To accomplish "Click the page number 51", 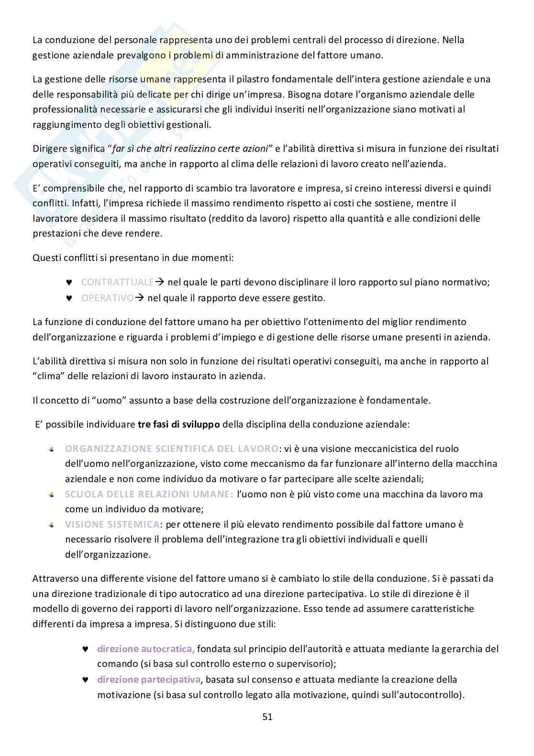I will coord(267,717).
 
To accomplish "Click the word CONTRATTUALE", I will coord(117,282).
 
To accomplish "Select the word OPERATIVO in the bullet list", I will coord(107,298).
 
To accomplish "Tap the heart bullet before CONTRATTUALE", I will coord(68,282).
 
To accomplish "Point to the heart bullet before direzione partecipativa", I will coord(85,679).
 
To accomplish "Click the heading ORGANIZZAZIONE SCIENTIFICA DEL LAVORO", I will coord(171,449).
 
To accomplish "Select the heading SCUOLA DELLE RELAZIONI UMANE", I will coord(149,494).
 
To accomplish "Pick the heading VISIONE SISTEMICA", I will coord(112,524).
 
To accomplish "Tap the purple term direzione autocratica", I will coord(145,649).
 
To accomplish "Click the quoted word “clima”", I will coord(49,376).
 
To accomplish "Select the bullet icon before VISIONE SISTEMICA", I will coord(51,525).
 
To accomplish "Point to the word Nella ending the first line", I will coord(453,40).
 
